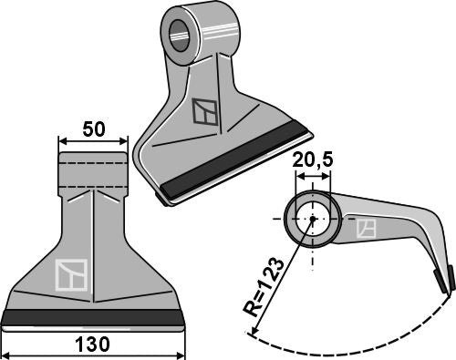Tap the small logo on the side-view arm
point(366,229)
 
